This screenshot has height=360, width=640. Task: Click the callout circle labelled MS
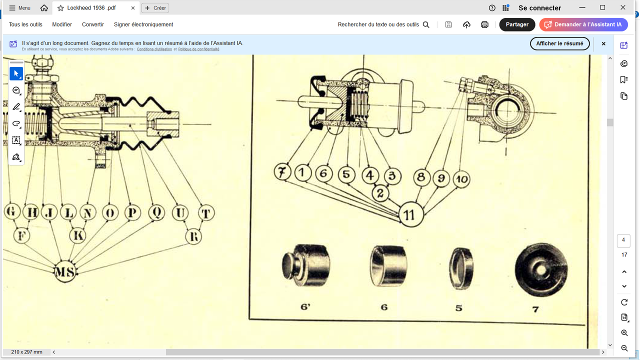[65, 271]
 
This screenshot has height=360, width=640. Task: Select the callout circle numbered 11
[410, 214]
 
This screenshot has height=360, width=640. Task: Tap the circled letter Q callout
[156, 212]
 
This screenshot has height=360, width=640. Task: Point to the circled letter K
[77, 235]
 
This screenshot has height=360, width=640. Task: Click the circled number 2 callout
[380, 193]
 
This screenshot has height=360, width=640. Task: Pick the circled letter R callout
[193, 236]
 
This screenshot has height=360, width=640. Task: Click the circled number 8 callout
[421, 177]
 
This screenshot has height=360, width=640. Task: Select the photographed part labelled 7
[541, 269]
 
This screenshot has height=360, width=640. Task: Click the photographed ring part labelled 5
[460, 268]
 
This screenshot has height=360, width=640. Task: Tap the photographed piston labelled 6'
[305, 265]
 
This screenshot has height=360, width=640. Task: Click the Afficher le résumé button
[559, 43]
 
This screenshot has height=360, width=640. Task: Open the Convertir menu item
[93, 24]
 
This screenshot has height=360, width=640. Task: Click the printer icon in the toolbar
[484, 24]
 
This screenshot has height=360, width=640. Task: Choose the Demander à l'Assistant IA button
[583, 24]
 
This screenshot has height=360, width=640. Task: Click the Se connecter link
[539, 8]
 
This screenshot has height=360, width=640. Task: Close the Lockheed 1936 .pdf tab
[133, 8]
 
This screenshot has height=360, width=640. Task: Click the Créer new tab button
[155, 8]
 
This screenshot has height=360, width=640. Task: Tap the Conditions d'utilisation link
[154, 49]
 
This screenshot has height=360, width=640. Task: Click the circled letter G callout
[11, 211]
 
